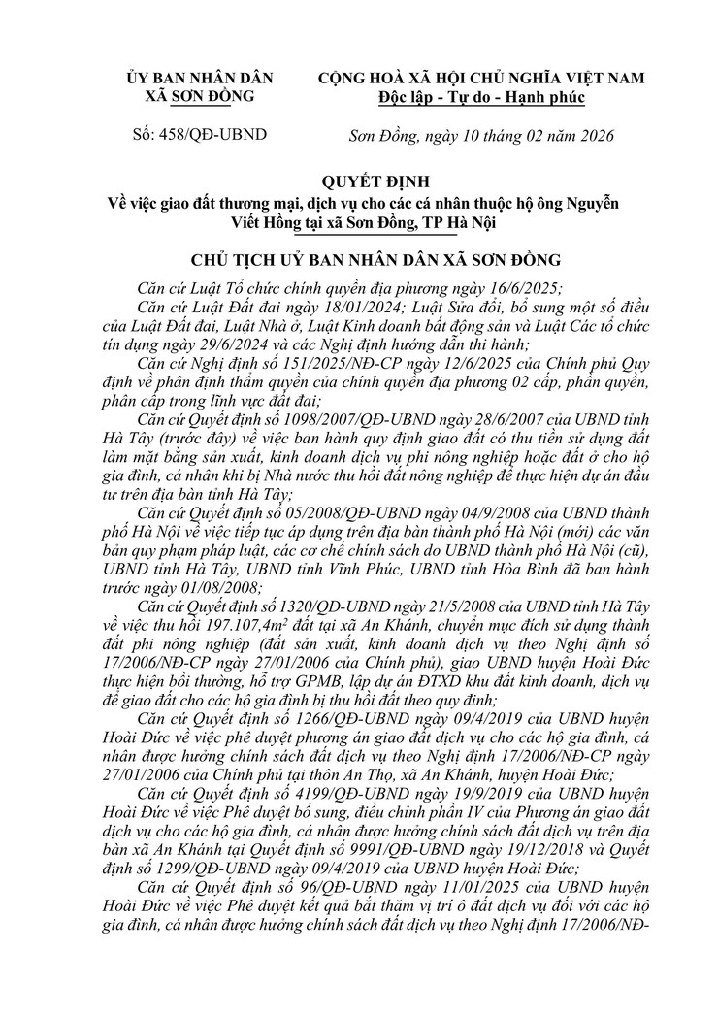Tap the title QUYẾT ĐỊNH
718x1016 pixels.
click(x=358, y=182)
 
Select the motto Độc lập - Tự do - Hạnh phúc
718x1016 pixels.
click(x=481, y=96)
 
